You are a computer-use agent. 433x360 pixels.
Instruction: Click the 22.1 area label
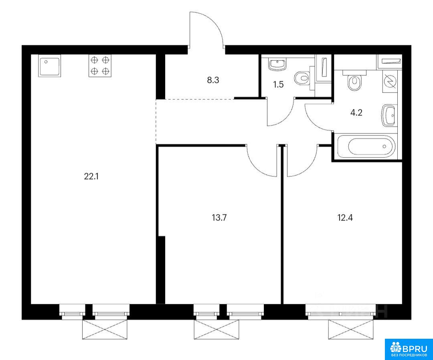pyautogui.click(x=91, y=176)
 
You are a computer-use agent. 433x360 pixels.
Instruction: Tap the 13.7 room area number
pyautogui.click(x=219, y=218)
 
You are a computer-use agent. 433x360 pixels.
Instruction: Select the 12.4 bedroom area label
pyautogui.click(x=345, y=218)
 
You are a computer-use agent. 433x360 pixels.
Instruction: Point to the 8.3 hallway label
pyautogui.click(x=213, y=80)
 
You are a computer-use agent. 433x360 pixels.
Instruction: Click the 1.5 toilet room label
pyautogui.click(x=278, y=85)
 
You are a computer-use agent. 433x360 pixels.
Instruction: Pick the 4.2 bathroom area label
pyautogui.click(x=356, y=113)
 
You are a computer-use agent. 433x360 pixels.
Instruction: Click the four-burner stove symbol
pyautogui.click(x=100, y=66)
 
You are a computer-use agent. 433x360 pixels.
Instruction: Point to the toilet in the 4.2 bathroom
pyautogui.click(x=354, y=82)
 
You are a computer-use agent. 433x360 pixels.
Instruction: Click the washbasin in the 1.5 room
pyautogui.click(x=277, y=65)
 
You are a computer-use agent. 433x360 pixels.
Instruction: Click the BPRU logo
pyautogui.click(x=409, y=349)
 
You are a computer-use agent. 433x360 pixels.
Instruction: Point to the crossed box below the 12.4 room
pyautogui.click(x=351, y=330)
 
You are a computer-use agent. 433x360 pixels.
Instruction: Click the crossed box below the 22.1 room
pyautogui.click(x=105, y=330)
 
